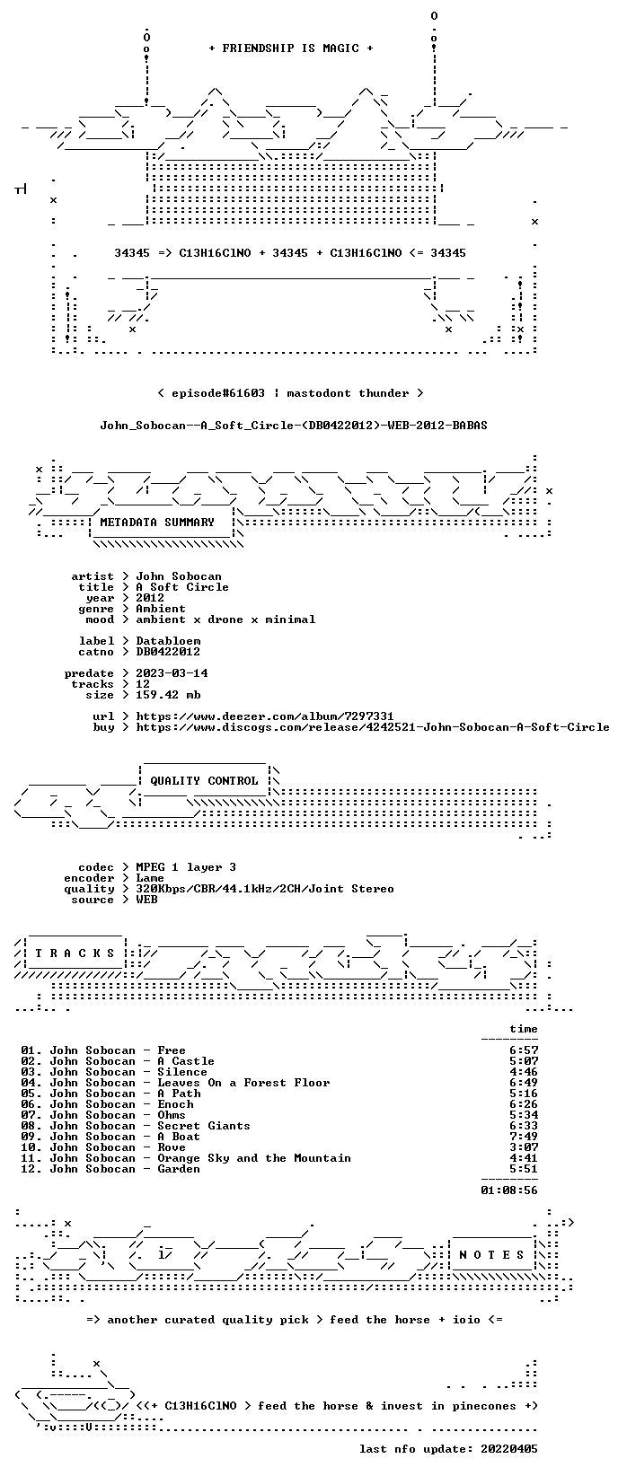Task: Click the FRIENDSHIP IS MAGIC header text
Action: (291, 48)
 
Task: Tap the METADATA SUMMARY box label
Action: (157, 523)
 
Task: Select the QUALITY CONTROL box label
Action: (204, 781)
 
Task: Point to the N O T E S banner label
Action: (491, 1255)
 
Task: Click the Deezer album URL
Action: (264, 716)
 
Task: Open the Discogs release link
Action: (373, 727)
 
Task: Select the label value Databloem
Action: (168, 641)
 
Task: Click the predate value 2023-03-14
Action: (172, 673)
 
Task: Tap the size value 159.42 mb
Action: (168, 695)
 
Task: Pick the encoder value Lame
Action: (150, 878)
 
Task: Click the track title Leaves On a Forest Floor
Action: (243, 1083)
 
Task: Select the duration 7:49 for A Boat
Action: (524, 1137)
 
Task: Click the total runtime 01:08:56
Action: (509, 1190)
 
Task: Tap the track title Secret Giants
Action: (204, 1126)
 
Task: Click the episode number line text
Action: (291, 393)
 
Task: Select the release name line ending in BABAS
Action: (294, 426)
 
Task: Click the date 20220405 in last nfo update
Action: (509, 1449)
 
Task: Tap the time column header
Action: (524, 1029)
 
